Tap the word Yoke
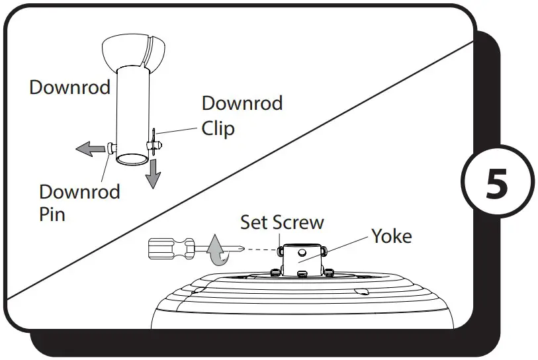coord(391,236)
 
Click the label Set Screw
coord(282,222)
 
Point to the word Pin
coord(52,214)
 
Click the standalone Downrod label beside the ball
coord(69,87)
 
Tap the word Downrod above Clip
coord(242,103)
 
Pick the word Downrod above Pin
coord(79,192)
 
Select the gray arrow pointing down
coord(154,174)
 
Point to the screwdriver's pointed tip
coord(242,249)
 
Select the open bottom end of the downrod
coord(132,159)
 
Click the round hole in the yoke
coord(301,252)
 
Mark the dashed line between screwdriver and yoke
coord(261,249)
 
